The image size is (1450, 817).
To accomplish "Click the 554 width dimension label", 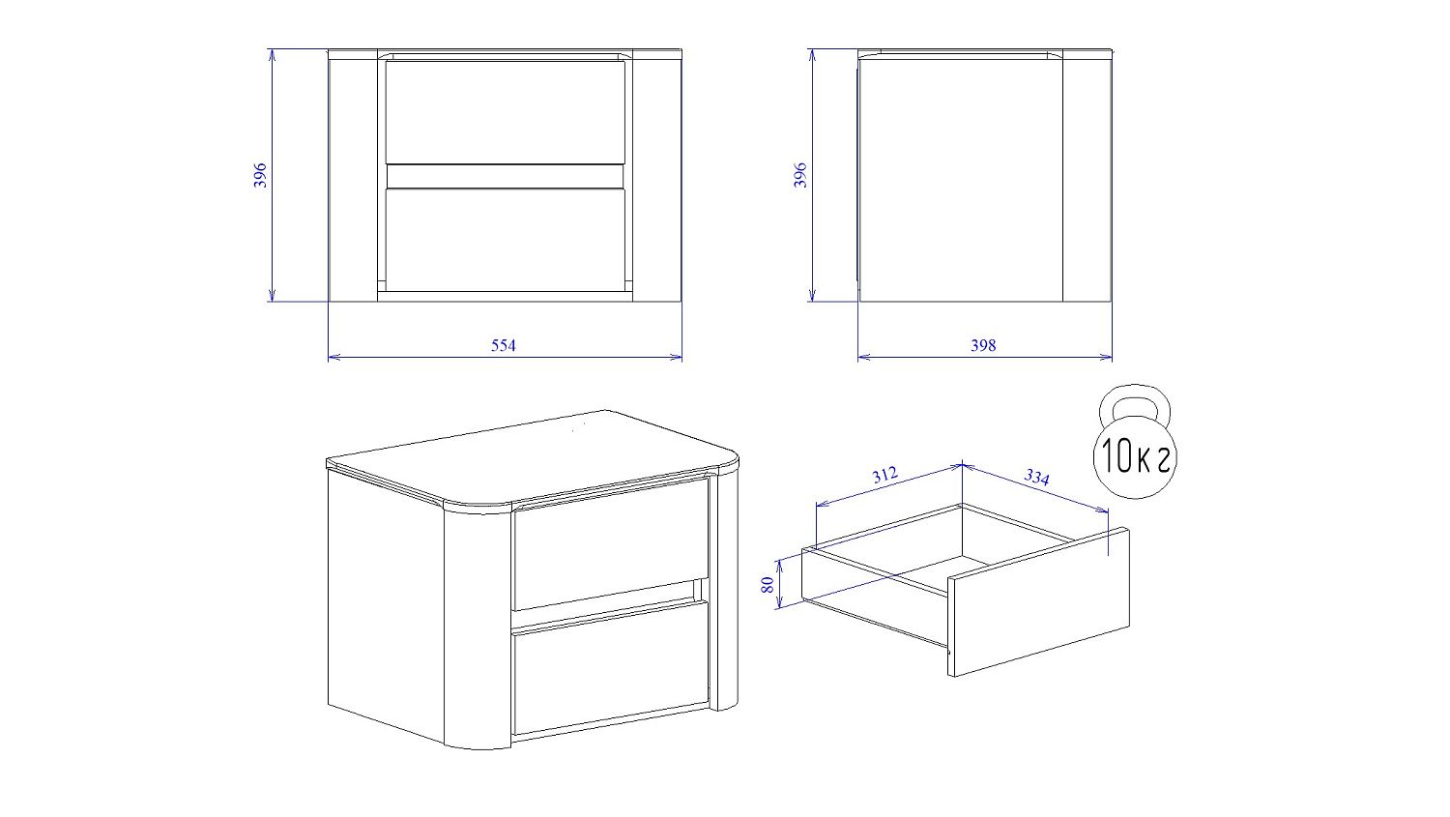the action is tap(503, 346).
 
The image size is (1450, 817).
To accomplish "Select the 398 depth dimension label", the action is tap(983, 346).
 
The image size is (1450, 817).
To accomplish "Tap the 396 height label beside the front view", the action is tap(260, 175).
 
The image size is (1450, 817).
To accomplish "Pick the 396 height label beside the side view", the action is tap(800, 175).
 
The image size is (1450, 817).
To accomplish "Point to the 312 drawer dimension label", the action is tap(884, 475).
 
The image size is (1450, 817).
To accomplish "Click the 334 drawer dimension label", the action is tap(1036, 477).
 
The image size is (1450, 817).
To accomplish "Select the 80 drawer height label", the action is tap(768, 585).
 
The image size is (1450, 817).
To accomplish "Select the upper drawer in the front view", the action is tap(505, 112).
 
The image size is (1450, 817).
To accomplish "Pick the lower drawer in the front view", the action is tap(505, 240).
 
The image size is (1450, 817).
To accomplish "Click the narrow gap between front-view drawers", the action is tap(505, 176).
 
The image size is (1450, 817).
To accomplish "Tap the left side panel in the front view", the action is tap(353, 180).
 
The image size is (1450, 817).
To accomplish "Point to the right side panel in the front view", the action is tap(657, 180).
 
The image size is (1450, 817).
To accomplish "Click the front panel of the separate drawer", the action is tap(1039, 602).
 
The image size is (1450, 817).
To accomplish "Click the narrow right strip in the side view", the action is tap(1087, 180).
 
